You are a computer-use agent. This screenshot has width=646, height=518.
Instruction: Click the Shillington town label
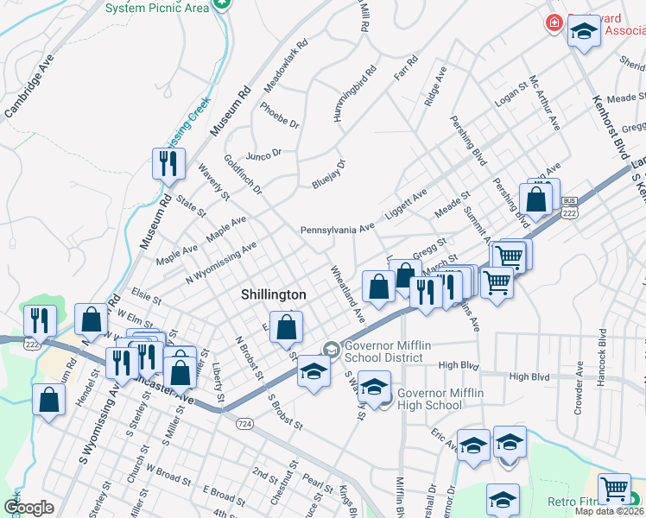click(273, 294)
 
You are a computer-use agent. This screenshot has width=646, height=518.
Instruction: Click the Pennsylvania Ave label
click(337, 231)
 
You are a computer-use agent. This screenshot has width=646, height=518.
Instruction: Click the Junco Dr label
click(264, 154)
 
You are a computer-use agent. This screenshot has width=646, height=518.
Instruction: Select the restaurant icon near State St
click(168, 162)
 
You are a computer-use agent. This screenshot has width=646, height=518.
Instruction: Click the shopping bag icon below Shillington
click(286, 327)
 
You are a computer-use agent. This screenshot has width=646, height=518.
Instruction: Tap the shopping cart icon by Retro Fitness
click(614, 489)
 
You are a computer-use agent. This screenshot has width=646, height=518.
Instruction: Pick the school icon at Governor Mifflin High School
click(375, 388)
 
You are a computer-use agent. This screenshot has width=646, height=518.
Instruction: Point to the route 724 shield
click(244, 424)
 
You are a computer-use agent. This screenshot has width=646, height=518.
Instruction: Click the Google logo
click(28, 508)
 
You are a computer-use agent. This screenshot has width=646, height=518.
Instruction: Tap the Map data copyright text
click(610, 511)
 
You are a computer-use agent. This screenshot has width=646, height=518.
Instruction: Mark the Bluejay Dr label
click(328, 174)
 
